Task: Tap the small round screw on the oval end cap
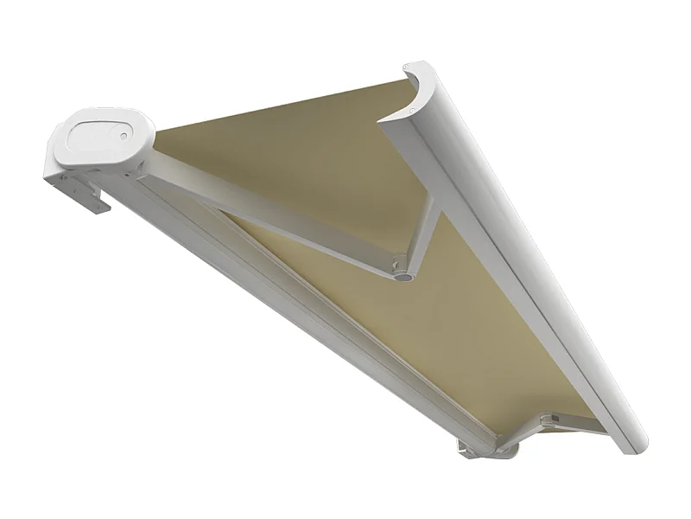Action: tap(124, 135)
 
